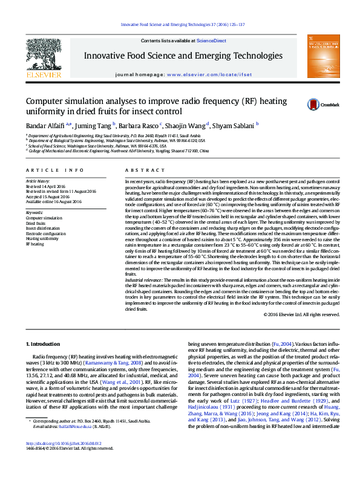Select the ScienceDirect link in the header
click(x=211, y=41)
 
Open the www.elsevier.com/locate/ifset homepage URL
click(x=209, y=74)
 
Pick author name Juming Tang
click(x=94, y=125)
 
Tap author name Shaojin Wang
click(x=186, y=125)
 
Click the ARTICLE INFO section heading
click(x=54, y=170)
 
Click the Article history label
click(x=38, y=181)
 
